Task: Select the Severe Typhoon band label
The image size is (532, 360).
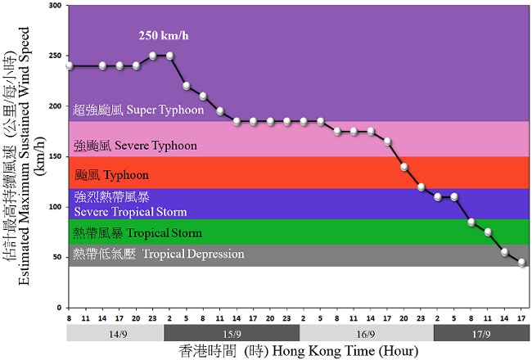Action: point(135,146)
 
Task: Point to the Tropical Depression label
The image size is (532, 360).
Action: point(159,254)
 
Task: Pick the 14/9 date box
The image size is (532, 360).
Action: point(116,334)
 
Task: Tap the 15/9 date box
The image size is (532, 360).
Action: point(232,334)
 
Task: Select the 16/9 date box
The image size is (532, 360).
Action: point(366,334)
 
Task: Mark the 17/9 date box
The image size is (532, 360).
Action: point(482,334)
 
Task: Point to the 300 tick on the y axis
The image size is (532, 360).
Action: point(55,6)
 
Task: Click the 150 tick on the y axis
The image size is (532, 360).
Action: point(55,156)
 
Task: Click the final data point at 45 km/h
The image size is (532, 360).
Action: point(522,263)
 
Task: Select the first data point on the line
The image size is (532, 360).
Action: point(70,65)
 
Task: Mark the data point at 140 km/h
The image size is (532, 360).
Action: point(404,167)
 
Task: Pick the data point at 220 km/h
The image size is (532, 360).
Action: point(187,86)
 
